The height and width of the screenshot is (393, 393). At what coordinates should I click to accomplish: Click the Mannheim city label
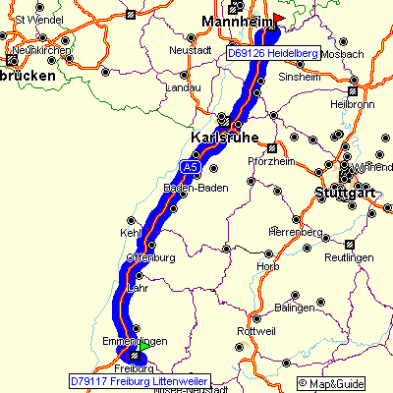click(236, 20)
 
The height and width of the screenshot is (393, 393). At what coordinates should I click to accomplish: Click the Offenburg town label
click(150, 258)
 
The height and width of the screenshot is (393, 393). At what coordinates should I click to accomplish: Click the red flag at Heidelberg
click(278, 19)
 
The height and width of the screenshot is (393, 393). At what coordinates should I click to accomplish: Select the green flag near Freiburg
click(144, 346)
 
